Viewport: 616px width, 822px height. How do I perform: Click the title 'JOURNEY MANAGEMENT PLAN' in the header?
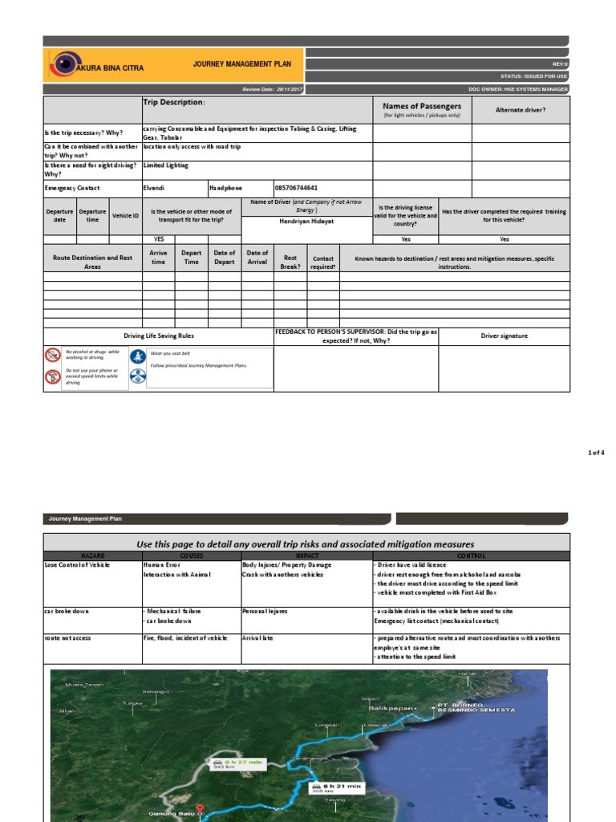pos(242,64)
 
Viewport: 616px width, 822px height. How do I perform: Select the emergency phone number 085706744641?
pos(302,188)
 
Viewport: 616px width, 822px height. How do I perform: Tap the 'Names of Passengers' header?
pos(422,106)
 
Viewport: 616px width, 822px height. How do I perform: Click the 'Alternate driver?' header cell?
pos(521,109)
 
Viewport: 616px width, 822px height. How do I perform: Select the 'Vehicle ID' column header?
pos(125,216)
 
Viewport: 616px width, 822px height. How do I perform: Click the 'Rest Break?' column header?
pos(290,262)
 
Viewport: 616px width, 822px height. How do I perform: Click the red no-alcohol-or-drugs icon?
pos(53,354)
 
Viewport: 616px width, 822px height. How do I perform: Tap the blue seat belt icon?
pos(138,355)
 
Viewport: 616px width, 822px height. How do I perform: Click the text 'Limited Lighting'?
pos(166,165)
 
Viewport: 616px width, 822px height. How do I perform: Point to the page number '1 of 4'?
pos(596,453)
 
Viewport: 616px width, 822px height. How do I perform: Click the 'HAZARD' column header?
pos(92,555)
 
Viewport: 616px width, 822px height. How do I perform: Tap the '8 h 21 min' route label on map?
pos(342,786)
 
